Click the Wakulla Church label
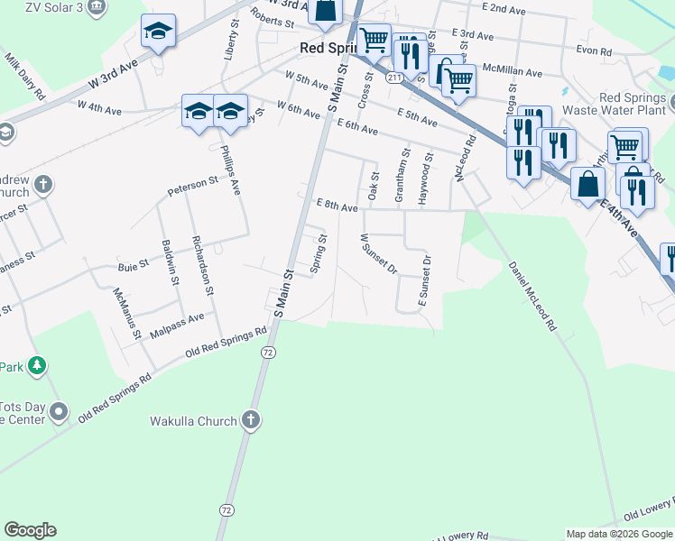click(193, 421)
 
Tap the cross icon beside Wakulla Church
click(251, 420)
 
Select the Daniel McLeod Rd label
click(531, 296)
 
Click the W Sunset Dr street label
click(379, 253)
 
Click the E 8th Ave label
click(337, 206)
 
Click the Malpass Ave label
click(177, 326)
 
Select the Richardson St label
click(201, 266)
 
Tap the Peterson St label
click(193, 186)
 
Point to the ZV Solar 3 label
click(53, 6)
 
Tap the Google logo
click(30, 530)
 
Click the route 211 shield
click(394, 78)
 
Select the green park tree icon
click(37, 365)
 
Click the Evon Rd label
click(595, 50)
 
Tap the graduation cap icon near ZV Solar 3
click(158, 33)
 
